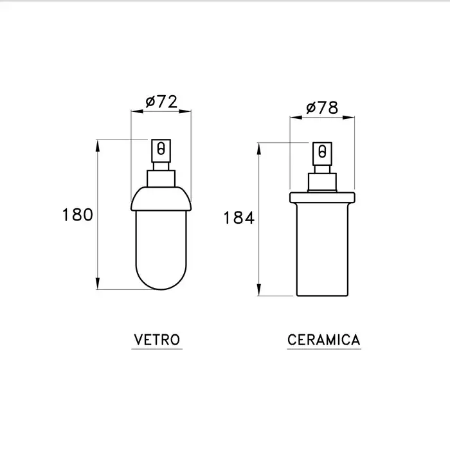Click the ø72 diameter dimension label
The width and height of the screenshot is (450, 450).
[x=161, y=102]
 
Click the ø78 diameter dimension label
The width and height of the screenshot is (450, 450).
[x=322, y=107]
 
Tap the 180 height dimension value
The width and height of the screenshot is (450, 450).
[x=78, y=215]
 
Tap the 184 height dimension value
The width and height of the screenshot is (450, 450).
[x=239, y=217]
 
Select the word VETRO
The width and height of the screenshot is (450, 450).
[x=157, y=340]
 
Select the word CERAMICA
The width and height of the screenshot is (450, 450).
[x=324, y=340]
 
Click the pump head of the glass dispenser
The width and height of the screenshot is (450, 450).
[x=161, y=151]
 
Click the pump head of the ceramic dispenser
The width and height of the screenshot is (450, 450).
[x=322, y=154]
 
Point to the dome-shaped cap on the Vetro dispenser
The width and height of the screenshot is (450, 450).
[x=161, y=199]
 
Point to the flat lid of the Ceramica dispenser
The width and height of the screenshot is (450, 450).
[x=322, y=198]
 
